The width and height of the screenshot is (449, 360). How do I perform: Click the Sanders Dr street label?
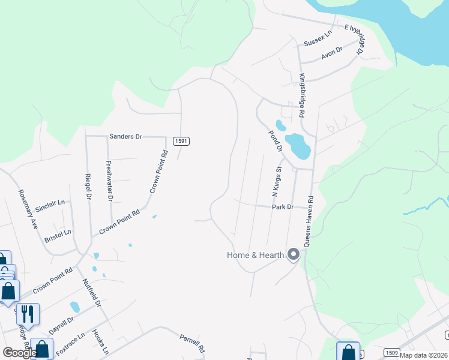pos(125,137)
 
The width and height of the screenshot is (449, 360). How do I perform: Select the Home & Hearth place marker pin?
pos(294,255)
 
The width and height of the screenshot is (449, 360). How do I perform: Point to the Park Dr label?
pos(282,207)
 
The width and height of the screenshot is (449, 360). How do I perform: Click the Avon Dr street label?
pos(331,53)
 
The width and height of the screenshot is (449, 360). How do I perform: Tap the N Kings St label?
pos(277,182)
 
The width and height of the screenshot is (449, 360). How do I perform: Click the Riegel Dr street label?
pos(88,187)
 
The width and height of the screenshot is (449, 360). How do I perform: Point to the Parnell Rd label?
pos(192,343)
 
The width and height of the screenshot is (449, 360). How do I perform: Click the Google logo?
pos(20,353)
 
